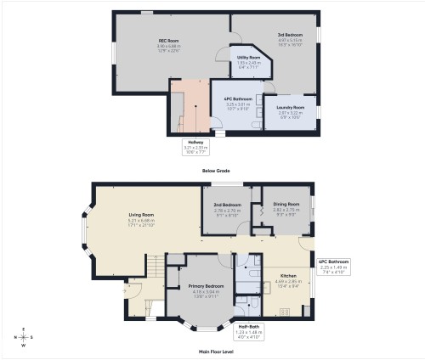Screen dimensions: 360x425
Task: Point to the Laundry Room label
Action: click(291, 108)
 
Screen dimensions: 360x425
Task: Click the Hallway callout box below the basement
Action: click(195, 146)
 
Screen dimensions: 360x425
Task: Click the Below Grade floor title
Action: click(215, 171)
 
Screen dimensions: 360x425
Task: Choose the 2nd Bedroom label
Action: click(228, 205)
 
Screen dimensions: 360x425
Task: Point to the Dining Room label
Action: click(286, 204)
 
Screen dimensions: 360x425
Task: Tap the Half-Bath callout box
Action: click(249, 329)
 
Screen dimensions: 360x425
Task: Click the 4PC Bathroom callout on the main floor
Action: click(334, 266)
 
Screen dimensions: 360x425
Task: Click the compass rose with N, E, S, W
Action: click(24, 337)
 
